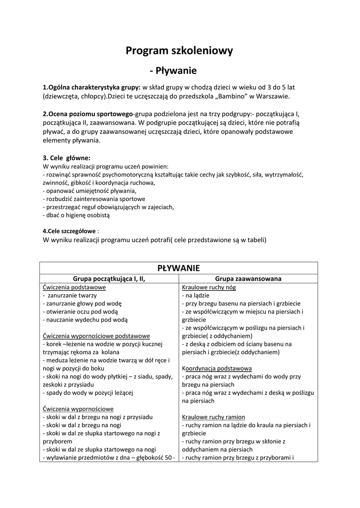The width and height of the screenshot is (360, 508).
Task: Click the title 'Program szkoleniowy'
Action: pyautogui.click(x=179, y=51)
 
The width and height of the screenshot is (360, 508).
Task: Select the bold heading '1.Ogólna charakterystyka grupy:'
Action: pyautogui.click(x=92, y=87)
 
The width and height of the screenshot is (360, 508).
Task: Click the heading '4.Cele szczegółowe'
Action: pyautogui.click(x=70, y=231)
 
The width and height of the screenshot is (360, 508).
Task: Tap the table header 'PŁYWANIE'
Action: pyautogui.click(x=178, y=268)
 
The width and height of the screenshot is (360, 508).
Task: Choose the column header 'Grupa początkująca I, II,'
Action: pyautogui.click(x=109, y=279)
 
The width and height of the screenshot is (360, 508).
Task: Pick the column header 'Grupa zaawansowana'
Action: pyautogui.click(x=248, y=279)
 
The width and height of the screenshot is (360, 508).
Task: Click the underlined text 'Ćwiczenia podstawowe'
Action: pyautogui.click(x=74, y=287)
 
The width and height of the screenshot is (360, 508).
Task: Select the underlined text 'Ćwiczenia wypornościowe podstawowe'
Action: pyautogui.click(x=96, y=336)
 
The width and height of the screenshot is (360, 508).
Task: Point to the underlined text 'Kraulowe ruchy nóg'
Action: pyautogui.click(x=209, y=287)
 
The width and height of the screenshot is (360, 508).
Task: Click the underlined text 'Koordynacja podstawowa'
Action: pyautogui.click(x=217, y=369)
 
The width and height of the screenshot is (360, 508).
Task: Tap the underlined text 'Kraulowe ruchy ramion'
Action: pyautogui.click(x=214, y=417)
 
